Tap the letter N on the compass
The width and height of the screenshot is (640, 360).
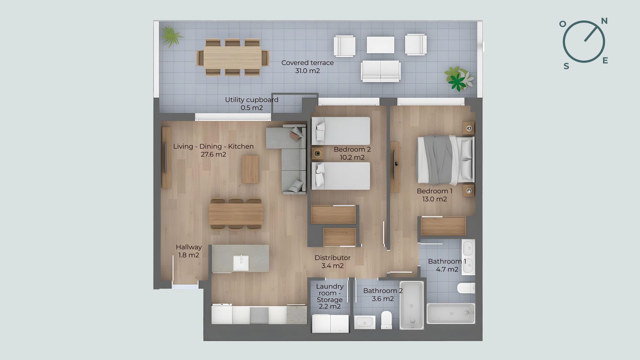[604, 21]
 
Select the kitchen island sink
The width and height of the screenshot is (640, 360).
[241, 263]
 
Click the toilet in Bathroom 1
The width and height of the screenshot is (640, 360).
[466, 288]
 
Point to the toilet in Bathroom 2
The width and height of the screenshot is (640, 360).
[386, 320]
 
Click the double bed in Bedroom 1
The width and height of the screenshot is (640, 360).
[445, 160]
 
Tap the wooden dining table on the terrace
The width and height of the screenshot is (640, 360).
[233, 56]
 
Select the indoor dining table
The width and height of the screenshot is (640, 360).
[236, 214]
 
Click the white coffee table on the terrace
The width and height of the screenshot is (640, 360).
[380, 45]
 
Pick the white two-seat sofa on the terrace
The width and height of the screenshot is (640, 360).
[381, 71]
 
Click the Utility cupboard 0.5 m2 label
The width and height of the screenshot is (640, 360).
[252, 104]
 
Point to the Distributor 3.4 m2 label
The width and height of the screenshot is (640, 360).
[332, 262]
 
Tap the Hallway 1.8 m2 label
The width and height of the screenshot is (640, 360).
[189, 251]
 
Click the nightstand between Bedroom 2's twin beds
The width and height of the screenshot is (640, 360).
[318, 153]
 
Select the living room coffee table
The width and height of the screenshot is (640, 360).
[250, 169]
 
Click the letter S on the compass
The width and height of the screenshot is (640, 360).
[566, 66]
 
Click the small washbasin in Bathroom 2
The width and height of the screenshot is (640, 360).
[365, 322]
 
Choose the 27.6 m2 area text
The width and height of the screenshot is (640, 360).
[213, 154]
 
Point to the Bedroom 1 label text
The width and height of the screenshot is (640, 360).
[434, 191]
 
